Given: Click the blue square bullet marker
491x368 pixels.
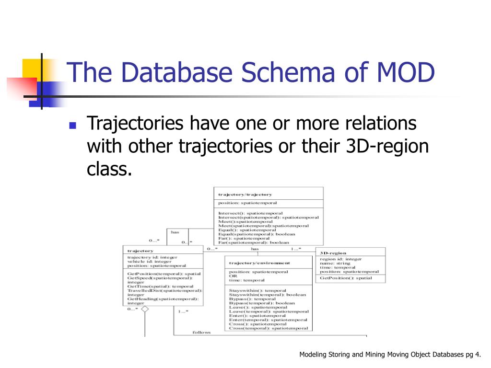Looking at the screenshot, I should coord(73,126).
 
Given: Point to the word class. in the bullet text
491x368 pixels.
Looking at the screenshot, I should coord(109,169).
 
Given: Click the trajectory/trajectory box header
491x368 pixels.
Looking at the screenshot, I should coord(245,195).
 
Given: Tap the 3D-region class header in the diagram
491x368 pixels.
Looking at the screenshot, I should coord(333,253).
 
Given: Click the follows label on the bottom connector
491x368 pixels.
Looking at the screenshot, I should coord(201,332).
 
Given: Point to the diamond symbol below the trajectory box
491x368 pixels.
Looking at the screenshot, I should coord(145,310).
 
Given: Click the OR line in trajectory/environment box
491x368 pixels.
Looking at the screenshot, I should coord(233,276).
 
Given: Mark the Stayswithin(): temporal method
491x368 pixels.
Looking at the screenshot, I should coord(257,290).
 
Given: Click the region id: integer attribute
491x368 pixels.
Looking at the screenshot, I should coord(340,259).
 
